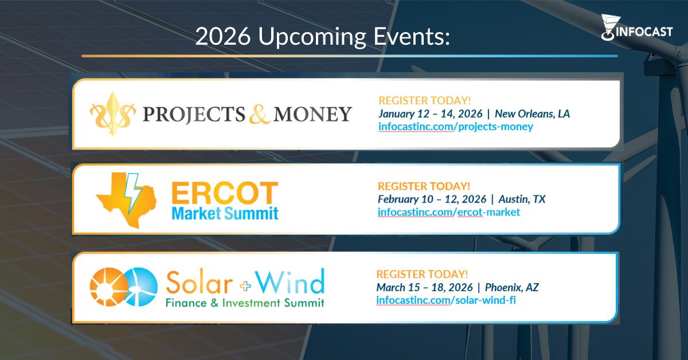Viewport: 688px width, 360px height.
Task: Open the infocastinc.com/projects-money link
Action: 455,127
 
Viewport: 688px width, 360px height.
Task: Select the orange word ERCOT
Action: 225,194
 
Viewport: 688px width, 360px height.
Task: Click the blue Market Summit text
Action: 225,214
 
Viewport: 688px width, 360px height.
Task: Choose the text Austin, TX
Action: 522,199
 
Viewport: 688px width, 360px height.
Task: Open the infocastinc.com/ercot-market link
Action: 449,213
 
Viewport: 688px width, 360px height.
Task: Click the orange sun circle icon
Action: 107,285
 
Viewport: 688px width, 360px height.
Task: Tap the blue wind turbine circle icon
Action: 139,285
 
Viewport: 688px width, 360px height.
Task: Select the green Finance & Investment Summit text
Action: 245,302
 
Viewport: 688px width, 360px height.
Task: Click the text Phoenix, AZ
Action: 512,287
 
